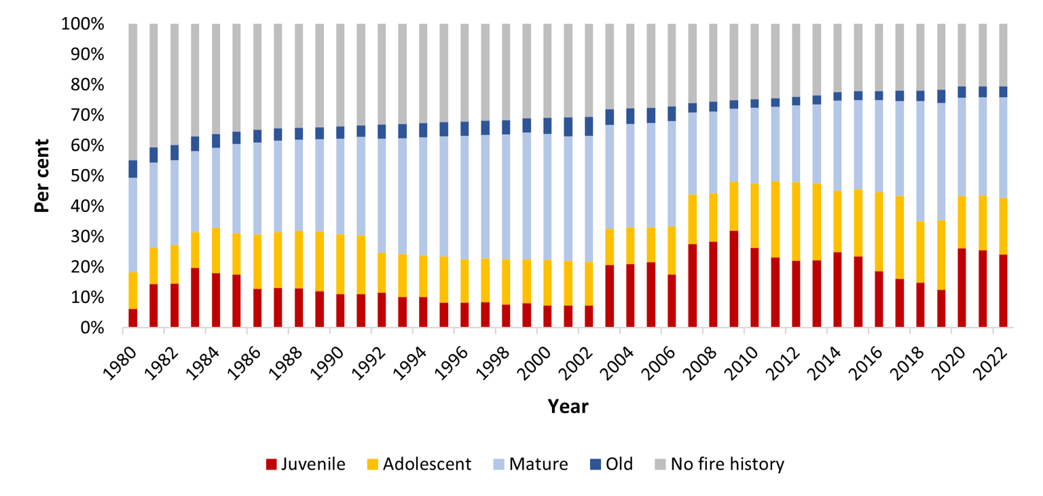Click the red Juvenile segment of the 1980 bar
(x=133, y=318)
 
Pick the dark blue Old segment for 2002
(x=589, y=126)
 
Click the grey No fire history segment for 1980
(x=133, y=92)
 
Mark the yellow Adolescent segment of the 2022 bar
(x=1003, y=226)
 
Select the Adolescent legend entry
(x=426, y=465)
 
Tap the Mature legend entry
(x=538, y=465)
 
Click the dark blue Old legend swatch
(x=596, y=465)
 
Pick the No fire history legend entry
(x=727, y=465)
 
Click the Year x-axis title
(x=568, y=406)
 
